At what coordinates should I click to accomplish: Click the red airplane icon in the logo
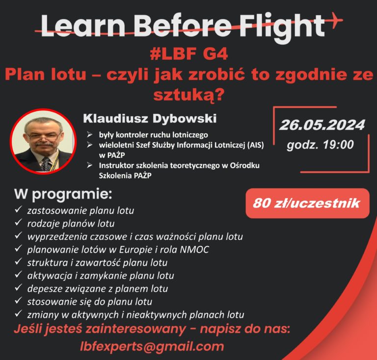click(335, 20)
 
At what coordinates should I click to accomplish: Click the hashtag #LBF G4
click(188, 54)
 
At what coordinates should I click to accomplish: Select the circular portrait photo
click(43, 141)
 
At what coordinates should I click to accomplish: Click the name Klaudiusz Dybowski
click(150, 118)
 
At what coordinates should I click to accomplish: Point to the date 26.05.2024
click(322, 125)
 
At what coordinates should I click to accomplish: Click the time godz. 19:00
click(320, 145)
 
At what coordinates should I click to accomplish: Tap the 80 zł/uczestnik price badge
click(307, 203)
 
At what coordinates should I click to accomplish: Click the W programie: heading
click(63, 194)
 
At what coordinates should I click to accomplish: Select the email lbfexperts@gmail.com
click(152, 347)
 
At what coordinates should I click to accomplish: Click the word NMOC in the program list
click(194, 250)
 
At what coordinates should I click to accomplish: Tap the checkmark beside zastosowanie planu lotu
click(18, 209)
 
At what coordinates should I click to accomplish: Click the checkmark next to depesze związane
click(18, 287)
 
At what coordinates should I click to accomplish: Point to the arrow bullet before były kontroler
click(90, 134)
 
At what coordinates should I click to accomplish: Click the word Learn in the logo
click(82, 26)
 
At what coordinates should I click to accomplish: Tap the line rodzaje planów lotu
click(71, 224)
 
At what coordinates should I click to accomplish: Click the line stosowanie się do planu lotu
click(90, 302)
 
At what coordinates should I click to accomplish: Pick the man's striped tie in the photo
click(46, 164)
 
